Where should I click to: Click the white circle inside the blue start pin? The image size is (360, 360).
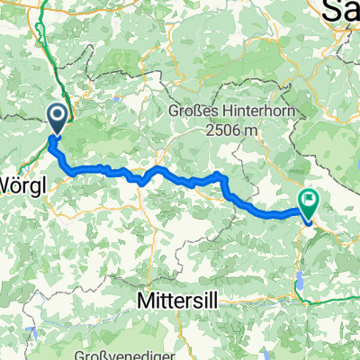[x=56, y=114]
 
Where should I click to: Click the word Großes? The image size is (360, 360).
[x=194, y=112]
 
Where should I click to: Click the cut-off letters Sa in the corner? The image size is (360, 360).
[x=343, y=11]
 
